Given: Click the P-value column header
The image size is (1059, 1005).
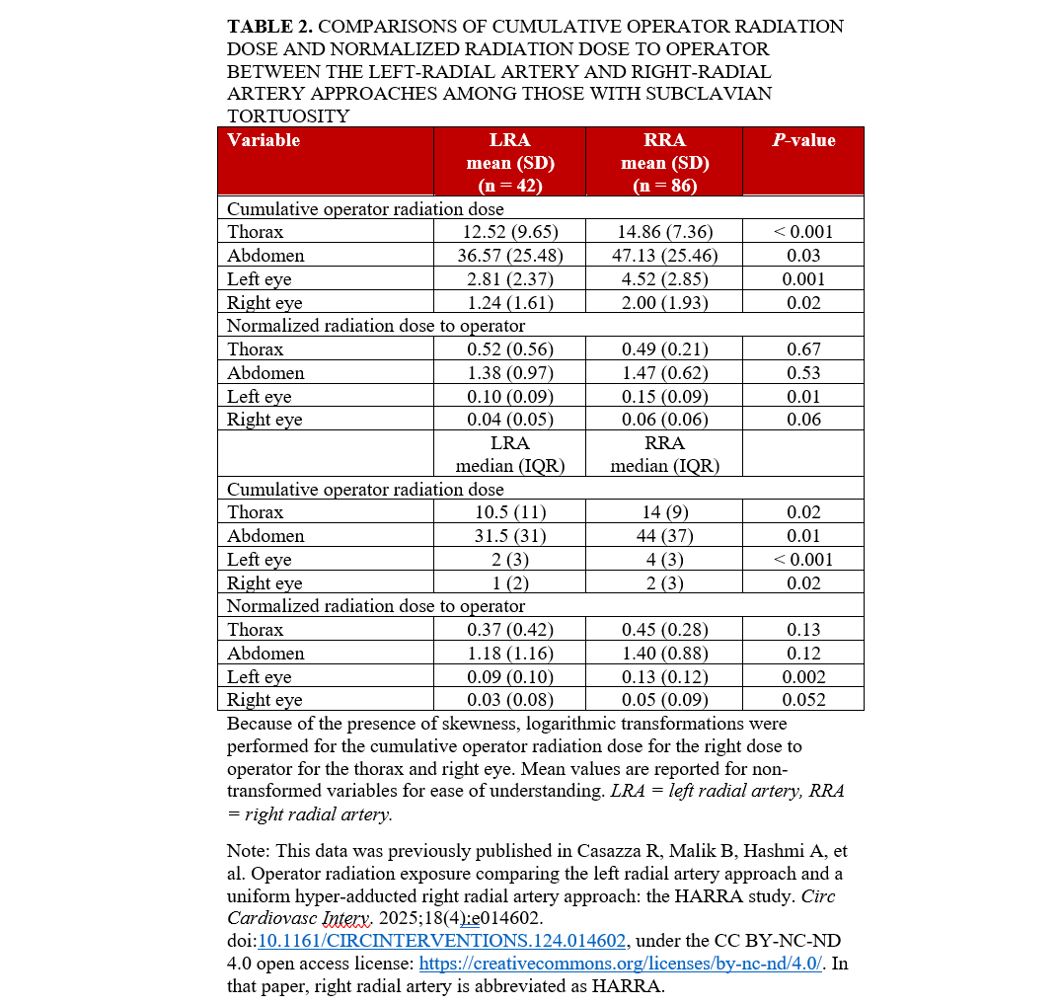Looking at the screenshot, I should pos(802,140).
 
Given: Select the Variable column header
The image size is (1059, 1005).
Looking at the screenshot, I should pos(264,140).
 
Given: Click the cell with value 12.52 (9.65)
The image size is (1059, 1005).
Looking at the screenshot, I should pos(509,232).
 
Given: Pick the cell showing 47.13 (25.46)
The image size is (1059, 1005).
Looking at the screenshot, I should pos(664,256).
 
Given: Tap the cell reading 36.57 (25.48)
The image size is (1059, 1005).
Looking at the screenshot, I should pos(509,256).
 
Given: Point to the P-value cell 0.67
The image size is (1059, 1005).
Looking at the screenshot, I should pos(802,349).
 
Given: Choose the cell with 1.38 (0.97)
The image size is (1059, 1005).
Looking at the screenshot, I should pos(509,373).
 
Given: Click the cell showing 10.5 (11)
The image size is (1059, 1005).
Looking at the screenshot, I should pos(509,512).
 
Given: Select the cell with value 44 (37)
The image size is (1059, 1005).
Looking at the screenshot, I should pos(664,536).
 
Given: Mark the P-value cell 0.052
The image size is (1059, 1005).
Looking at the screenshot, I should pos(802,700).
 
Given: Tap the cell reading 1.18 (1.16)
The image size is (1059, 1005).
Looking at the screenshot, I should pos(509,654).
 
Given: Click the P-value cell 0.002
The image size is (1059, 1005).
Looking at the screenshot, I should pos(802,677).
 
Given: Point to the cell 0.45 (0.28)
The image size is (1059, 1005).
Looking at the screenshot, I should pos(664,630).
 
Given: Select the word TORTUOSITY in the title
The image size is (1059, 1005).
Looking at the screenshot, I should pos(288,116).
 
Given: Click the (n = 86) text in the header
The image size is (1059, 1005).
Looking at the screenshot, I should pos(664,185).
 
